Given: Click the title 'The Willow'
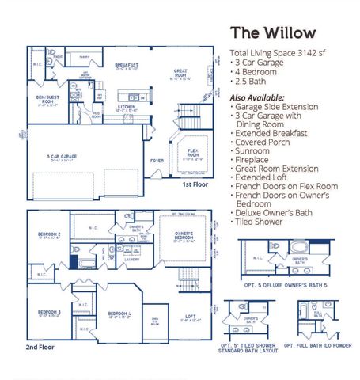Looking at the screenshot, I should (272, 32).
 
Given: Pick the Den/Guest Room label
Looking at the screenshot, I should (49, 99).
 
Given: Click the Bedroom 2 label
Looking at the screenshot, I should (49, 235).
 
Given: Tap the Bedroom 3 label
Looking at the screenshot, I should (49, 313).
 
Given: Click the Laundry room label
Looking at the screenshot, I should (132, 258).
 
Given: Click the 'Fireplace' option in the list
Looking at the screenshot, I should (256, 160).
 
